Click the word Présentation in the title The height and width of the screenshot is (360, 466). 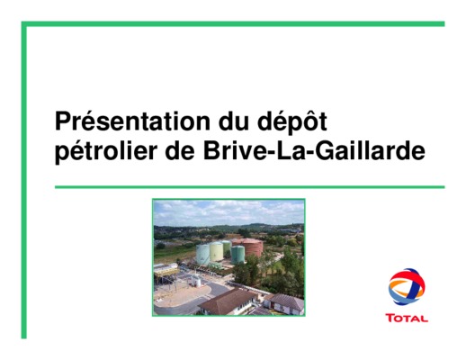(x=132, y=121)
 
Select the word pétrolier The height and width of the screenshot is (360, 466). (x=106, y=151)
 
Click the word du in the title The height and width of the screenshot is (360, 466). (x=234, y=121)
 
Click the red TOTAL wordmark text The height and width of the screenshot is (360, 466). (x=407, y=319)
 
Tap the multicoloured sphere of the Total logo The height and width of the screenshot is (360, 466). (x=407, y=287)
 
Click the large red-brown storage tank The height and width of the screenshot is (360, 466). (x=250, y=247)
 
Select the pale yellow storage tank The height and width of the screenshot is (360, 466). (x=216, y=252)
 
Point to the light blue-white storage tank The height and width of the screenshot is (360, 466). (x=203, y=255)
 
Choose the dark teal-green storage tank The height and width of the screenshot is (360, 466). (x=237, y=255)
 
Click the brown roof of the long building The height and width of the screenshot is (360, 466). (x=227, y=300)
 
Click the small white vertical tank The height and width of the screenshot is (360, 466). (x=198, y=283)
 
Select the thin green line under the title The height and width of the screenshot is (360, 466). (x=249, y=187)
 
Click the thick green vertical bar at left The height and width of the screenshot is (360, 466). (x=23, y=180)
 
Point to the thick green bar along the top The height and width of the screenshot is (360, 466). (x=233, y=24)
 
